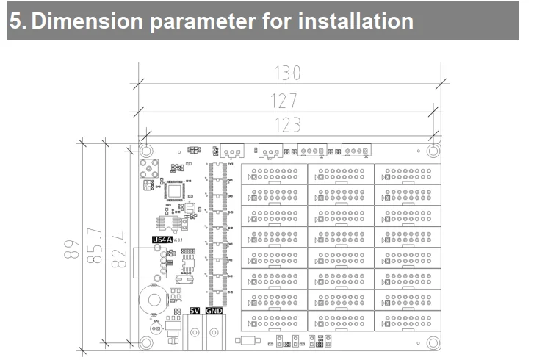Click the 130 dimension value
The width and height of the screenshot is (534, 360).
288,73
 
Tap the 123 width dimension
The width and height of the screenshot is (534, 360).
287,125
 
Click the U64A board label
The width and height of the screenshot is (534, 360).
161,240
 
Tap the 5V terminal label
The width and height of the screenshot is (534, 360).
195,311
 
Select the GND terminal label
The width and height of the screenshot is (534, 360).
214,311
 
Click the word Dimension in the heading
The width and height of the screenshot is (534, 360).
90,21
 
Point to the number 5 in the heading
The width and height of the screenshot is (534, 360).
15,21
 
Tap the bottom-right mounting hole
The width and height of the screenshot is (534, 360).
433,342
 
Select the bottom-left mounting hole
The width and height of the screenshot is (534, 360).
147,342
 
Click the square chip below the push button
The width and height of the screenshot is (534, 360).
175,191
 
